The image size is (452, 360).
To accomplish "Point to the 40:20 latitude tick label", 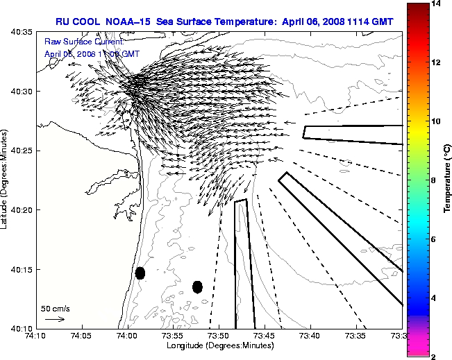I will tap(22, 209).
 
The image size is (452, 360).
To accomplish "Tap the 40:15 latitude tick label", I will tap(22, 269).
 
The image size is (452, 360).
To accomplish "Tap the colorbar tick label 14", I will tap(435, 4).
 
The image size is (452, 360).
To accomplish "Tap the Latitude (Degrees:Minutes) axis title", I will tap(6, 180).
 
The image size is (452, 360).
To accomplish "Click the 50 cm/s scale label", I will tap(56, 308).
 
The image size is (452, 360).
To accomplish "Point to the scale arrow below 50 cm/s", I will tap(55, 319).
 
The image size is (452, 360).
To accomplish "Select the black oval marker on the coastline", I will tap(140, 273).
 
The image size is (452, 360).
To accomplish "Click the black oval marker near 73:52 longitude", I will tap(197, 286).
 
